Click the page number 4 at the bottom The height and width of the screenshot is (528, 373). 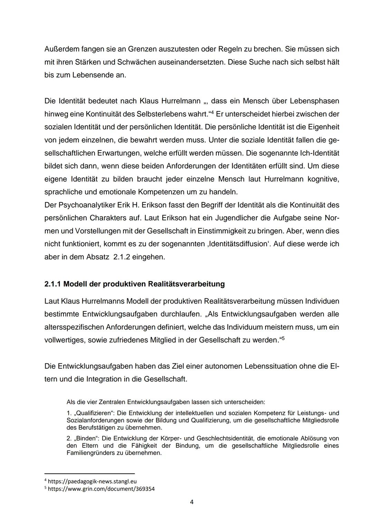192,502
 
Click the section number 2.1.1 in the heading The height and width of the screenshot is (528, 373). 53,284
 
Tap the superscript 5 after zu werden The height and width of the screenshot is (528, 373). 282,338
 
